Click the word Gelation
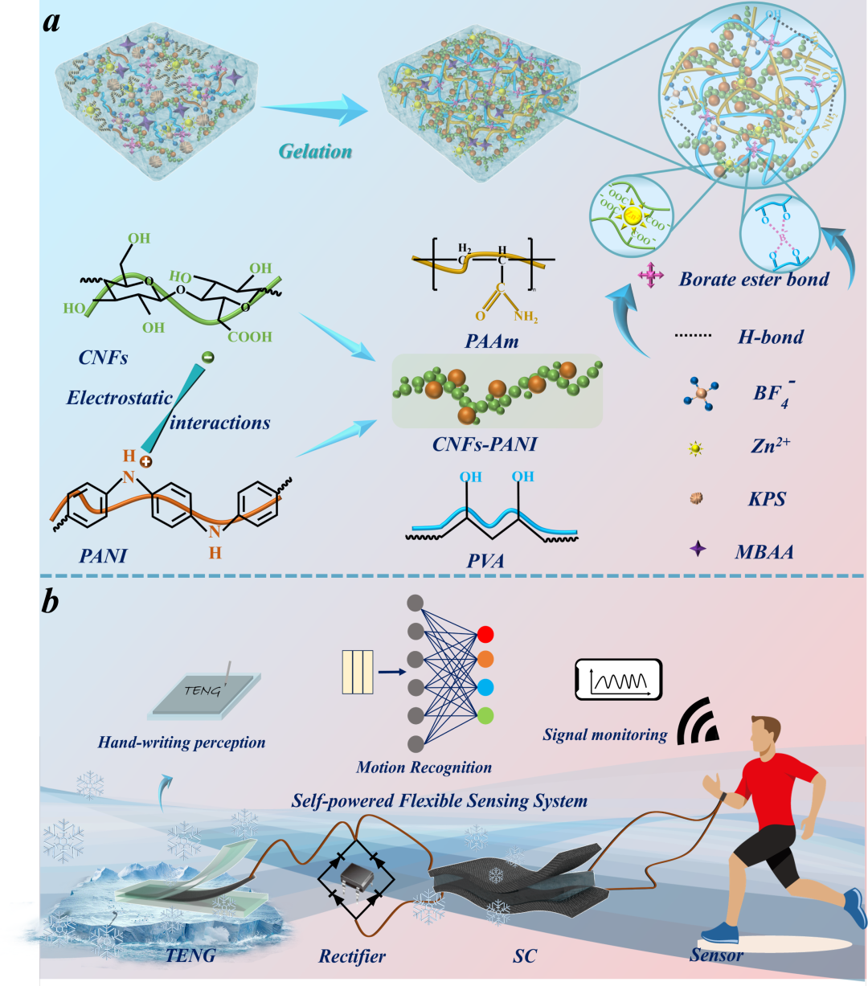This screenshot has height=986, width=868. pyautogui.click(x=315, y=151)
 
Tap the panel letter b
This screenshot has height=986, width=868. pyautogui.click(x=51, y=602)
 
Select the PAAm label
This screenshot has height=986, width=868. pyautogui.click(x=491, y=342)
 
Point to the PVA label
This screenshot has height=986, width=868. pyautogui.click(x=485, y=560)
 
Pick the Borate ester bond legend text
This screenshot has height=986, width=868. pyautogui.click(x=754, y=280)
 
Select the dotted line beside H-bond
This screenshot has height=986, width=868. pyautogui.click(x=692, y=337)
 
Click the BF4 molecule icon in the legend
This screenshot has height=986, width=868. pyautogui.click(x=700, y=394)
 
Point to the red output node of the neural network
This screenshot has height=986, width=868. pyautogui.click(x=485, y=634)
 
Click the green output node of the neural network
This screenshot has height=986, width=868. pyautogui.click(x=485, y=714)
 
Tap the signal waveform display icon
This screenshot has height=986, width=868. pyautogui.click(x=618, y=681)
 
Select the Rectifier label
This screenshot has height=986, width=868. pyautogui.click(x=352, y=956)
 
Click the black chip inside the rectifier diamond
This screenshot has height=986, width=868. pyautogui.click(x=351, y=878)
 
